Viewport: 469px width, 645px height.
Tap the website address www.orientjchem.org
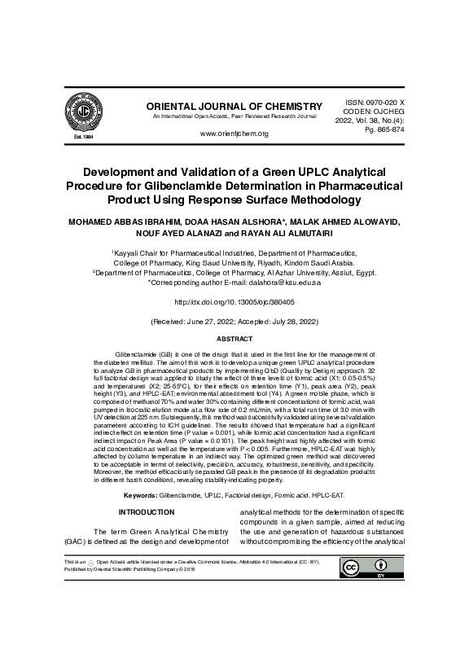234,134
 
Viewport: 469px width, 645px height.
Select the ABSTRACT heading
234,337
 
